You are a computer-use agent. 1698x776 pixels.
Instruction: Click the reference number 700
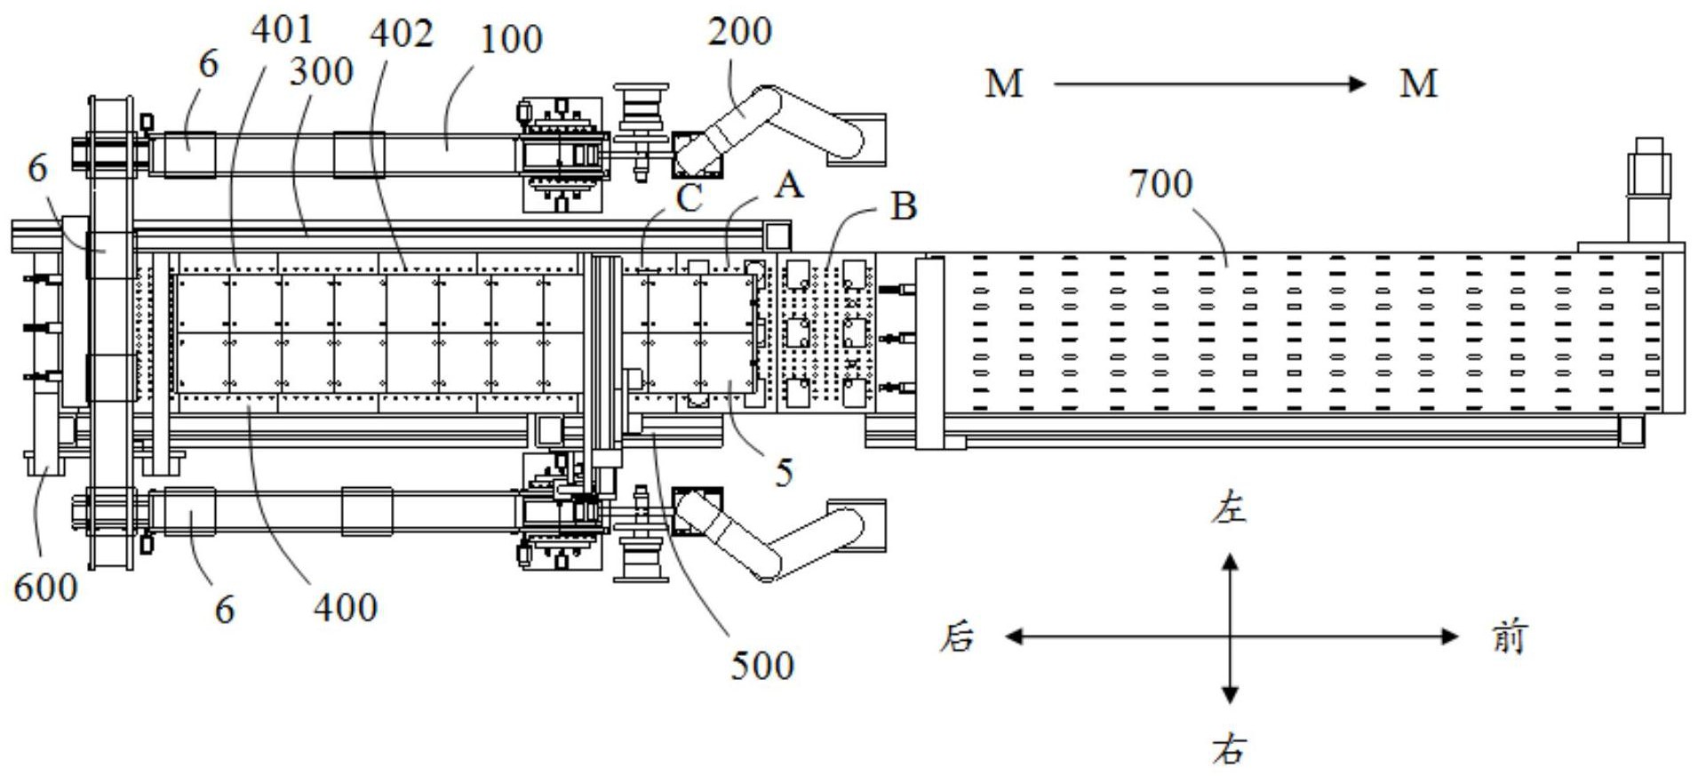[x=1160, y=184]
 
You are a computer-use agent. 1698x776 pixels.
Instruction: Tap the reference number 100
[x=511, y=39]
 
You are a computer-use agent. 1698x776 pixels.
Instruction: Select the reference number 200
[x=739, y=31]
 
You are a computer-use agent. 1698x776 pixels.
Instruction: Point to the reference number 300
[x=321, y=71]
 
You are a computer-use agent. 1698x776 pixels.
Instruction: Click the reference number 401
[x=282, y=29]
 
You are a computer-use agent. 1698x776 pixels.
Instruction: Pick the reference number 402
[x=402, y=34]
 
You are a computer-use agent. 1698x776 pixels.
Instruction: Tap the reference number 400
[x=346, y=608]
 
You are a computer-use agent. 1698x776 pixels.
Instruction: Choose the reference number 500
[x=762, y=666]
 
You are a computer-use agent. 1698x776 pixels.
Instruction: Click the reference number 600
[x=45, y=588]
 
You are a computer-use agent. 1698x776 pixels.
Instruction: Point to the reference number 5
[x=783, y=473]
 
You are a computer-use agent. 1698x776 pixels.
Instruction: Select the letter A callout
[x=789, y=186]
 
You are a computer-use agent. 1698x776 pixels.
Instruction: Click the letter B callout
[x=903, y=206]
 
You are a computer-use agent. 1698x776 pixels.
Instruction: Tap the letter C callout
[x=689, y=198]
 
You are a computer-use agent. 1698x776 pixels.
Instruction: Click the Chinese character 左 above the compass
[x=1230, y=510]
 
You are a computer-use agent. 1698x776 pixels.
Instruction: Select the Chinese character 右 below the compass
[x=1230, y=750]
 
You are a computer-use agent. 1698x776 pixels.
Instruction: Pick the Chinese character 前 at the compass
[x=1509, y=637]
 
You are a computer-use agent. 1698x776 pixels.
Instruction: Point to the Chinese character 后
[x=957, y=637]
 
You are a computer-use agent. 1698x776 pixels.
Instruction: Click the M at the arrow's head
[x=1418, y=84]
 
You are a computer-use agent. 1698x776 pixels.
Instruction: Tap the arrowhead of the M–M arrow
[x=1357, y=84]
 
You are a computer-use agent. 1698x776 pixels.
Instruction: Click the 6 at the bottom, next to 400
[x=225, y=610]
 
